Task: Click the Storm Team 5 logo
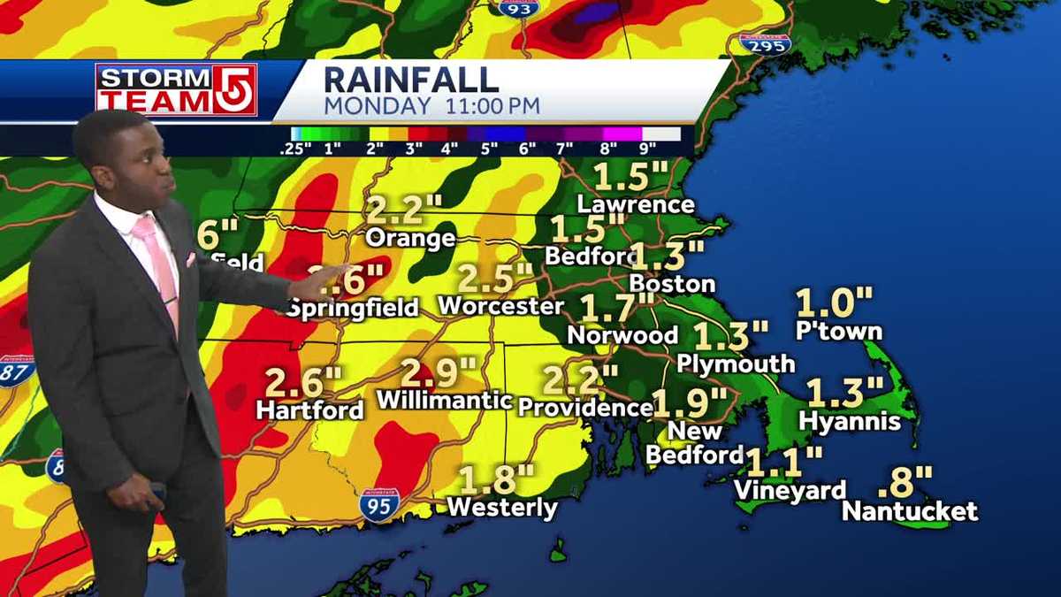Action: (176, 89)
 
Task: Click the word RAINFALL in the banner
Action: (411, 79)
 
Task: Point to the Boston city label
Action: (672, 284)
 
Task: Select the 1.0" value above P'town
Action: (835, 302)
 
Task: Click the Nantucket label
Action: (910, 511)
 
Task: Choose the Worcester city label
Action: (500, 306)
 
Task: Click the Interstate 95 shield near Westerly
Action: (379, 505)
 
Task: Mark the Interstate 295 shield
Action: (765, 42)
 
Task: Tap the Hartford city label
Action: (309, 410)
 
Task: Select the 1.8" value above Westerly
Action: (496, 480)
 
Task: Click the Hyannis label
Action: (850, 422)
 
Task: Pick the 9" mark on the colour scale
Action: (647, 149)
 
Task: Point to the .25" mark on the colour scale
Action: (295, 149)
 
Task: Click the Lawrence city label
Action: (636, 204)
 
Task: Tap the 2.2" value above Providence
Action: (580, 380)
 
